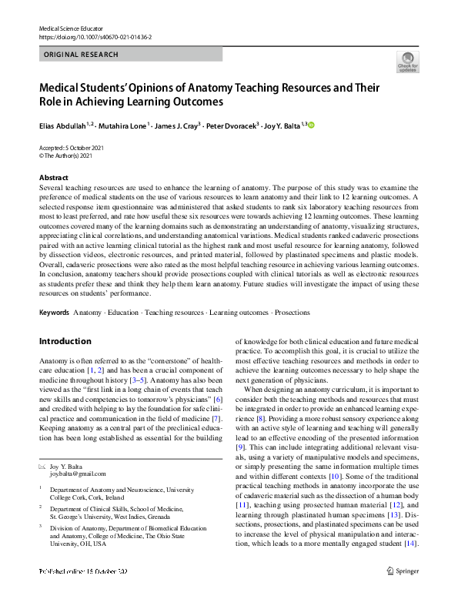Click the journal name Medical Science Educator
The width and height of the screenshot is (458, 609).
click(x=70, y=27)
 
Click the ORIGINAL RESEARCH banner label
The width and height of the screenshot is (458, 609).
click(x=82, y=55)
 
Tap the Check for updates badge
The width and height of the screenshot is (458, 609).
click(x=407, y=64)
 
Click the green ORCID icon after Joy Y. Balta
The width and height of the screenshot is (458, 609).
click(x=312, y=125)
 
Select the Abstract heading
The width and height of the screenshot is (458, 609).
click(x=53, y=177)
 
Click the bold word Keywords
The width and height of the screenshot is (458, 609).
click(x=53, y=313)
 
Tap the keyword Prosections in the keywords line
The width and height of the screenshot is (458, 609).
click(x=293, y=313)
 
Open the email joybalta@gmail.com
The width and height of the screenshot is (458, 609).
click(x=78, y=475)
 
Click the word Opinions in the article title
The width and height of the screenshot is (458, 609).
click(x=145, y=87)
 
